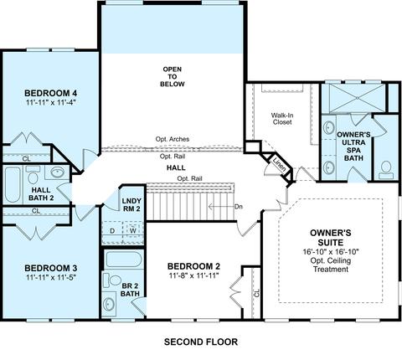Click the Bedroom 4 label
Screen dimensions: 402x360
coord(51,93)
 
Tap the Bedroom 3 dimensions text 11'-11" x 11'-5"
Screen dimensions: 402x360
coord(51,278)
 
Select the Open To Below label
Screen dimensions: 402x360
coord(173,76)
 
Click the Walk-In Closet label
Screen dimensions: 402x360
coord(282,119)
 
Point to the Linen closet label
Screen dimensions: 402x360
coord(280,165)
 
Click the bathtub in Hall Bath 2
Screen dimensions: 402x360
coord(13,184)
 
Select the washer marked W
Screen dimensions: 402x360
coord(133,230)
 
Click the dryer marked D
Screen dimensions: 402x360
coord(112,231)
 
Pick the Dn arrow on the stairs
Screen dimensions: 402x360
coord(222,207)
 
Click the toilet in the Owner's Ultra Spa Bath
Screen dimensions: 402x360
coord(386,170)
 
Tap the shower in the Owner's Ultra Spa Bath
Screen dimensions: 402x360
coord(357,98)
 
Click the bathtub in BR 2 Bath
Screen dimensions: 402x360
coord(124,260)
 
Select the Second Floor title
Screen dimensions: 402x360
coord(201,342)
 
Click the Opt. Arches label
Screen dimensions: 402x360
coord(173,139)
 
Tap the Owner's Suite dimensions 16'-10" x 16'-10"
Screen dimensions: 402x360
coord(331,252)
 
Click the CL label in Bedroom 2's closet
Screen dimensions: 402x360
coord(257,293)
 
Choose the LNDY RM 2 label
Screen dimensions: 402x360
coord(131,204)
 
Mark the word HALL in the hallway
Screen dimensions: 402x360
coord(176,167)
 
